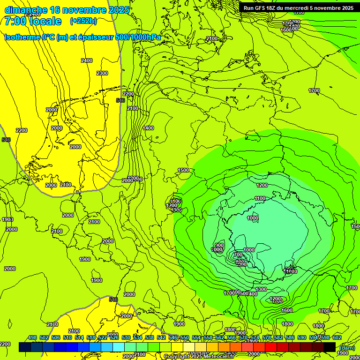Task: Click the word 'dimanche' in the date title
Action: (26, 10)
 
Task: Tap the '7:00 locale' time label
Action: (33, 21)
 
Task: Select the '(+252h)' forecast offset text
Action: (83, 21)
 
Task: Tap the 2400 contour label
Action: (87, 60)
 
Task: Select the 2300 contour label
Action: (102, 73)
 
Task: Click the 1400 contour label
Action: (148, 128)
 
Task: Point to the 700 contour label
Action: (238, 255)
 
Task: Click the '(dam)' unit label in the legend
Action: (347, 347)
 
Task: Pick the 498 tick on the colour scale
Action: (32, 337)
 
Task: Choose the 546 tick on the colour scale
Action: (173, 337)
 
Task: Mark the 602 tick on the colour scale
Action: (337, 337)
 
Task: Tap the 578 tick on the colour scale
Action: (267, 337)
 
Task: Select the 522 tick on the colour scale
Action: (103, 337)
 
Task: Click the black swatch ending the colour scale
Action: (329, 347)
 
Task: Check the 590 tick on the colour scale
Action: (302, 337)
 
